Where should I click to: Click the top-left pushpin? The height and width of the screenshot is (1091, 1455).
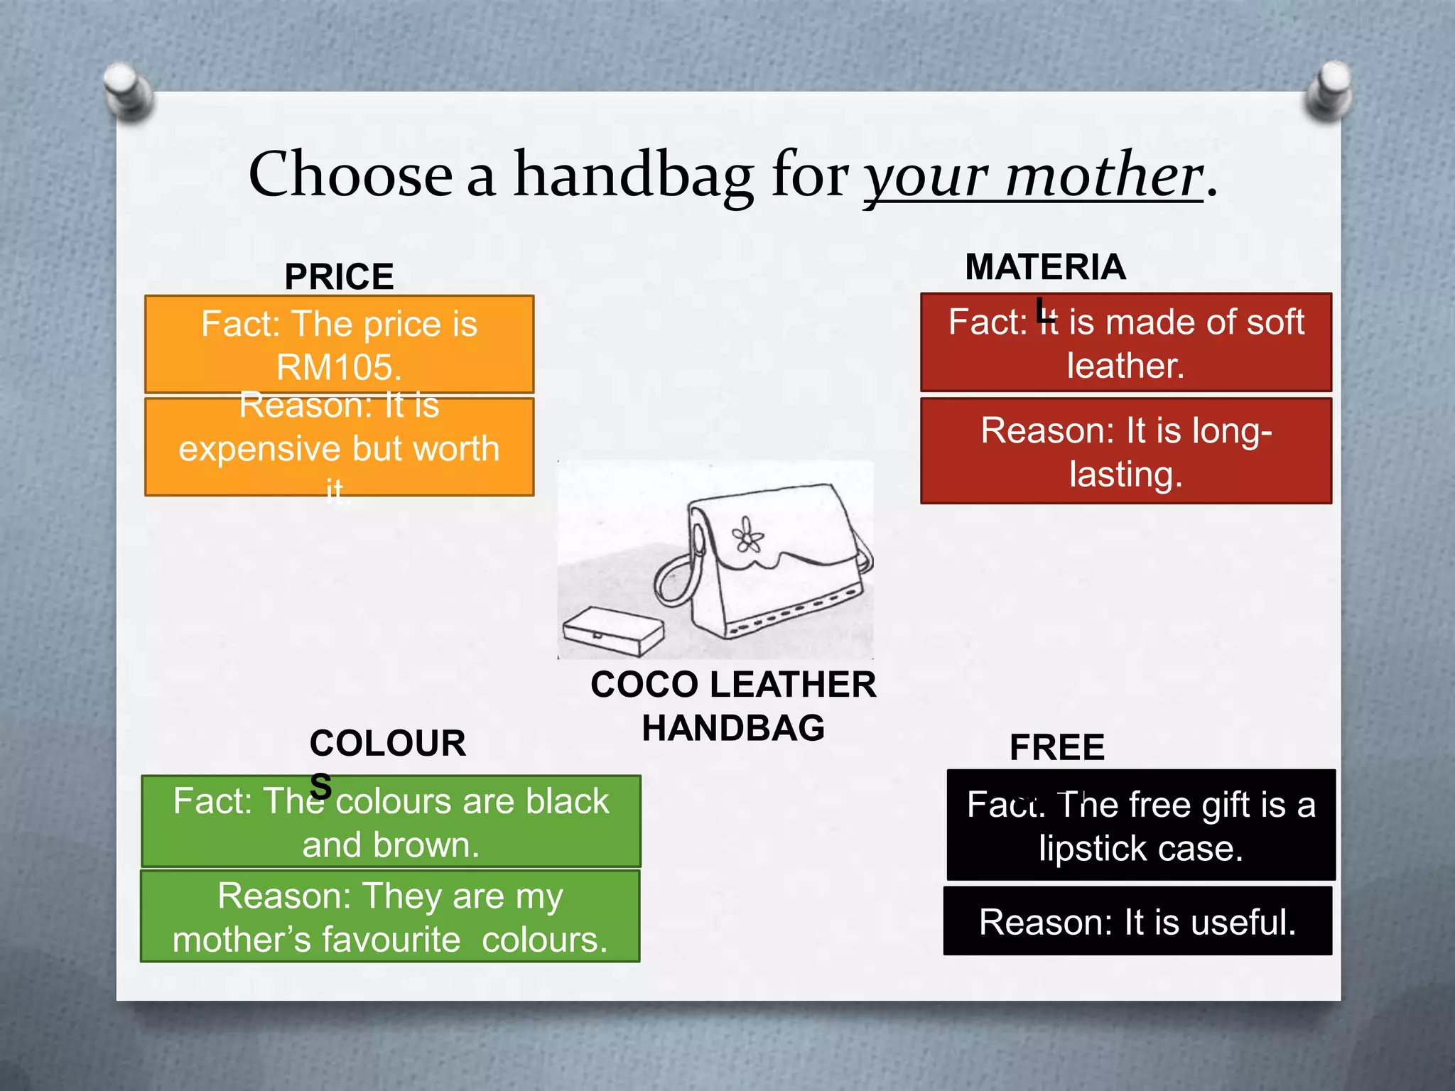tap(128, 91)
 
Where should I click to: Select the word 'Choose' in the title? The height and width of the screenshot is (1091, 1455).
tap(350, 175)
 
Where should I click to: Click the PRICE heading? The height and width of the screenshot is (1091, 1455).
tap(339, 276)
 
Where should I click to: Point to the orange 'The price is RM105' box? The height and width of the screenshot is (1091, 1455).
tap(339, 344)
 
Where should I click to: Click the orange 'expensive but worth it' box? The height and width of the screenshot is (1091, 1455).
tap(339, 447)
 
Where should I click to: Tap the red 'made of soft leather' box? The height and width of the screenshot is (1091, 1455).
tap(1126, 342)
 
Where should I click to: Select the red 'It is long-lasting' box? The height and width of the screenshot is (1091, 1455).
tap(1126, 451)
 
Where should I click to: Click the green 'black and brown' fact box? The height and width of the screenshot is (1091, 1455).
tap(391, 822)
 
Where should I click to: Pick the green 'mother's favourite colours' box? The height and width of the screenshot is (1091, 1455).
tap(391, 916)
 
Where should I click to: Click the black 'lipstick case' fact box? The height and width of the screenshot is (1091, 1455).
tap(1141, 825)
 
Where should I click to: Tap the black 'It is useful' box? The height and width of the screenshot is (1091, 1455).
tap(1137, 921)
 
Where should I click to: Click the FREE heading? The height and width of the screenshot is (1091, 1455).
tap(1057, 747)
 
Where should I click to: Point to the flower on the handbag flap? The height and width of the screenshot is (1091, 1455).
tap(747, 535)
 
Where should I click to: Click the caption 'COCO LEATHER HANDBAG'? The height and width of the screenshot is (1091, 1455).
tap(733, 706)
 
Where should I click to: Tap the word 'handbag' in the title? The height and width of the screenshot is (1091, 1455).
tap(633, 176)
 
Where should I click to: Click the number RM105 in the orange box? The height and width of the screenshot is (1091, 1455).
tap(339, 368)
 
